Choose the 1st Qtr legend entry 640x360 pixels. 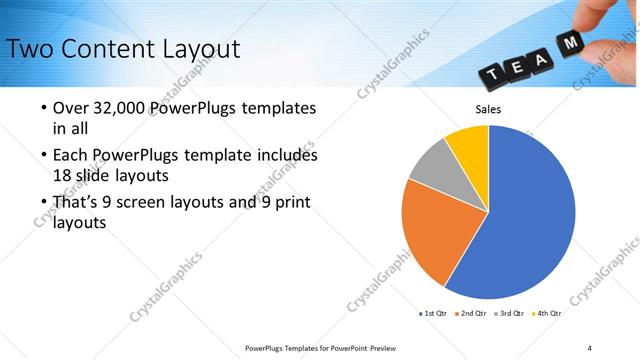coord(433,313)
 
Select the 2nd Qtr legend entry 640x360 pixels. coord(471,313)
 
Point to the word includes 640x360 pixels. coord(286,155)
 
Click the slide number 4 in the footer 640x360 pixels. coord(589,347)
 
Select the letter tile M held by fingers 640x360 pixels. coord(573,44)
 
